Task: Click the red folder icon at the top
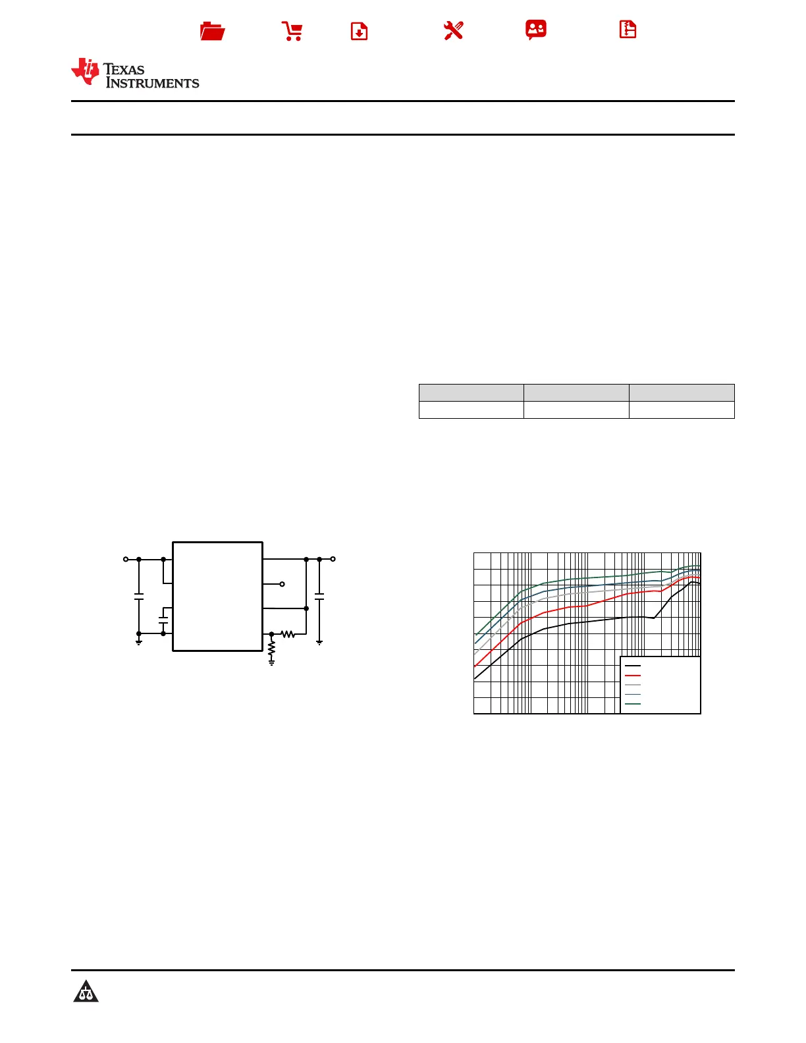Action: point(212,31)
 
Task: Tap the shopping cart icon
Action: point(292,31)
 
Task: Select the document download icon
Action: point(359,31)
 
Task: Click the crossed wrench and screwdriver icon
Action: point(453,31)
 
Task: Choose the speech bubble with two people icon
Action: point(536,30)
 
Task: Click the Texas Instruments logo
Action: point(135,72)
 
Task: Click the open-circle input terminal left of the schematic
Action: point(126,559)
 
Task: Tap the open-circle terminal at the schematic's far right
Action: point(333,559)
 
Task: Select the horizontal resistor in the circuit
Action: point(288,635)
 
